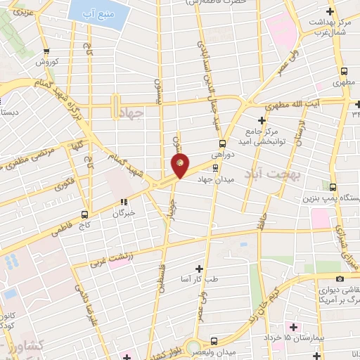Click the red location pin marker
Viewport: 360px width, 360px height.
[x=180, y=165]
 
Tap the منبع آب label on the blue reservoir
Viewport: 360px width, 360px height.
[x=94, y=12]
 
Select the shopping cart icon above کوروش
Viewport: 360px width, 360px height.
[x=47, y=51]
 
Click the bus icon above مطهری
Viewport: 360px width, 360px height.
[x=344, y=71]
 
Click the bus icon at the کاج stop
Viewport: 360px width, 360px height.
[x=84, y=214]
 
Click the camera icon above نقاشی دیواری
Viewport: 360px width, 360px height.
[x=320, y=280]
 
